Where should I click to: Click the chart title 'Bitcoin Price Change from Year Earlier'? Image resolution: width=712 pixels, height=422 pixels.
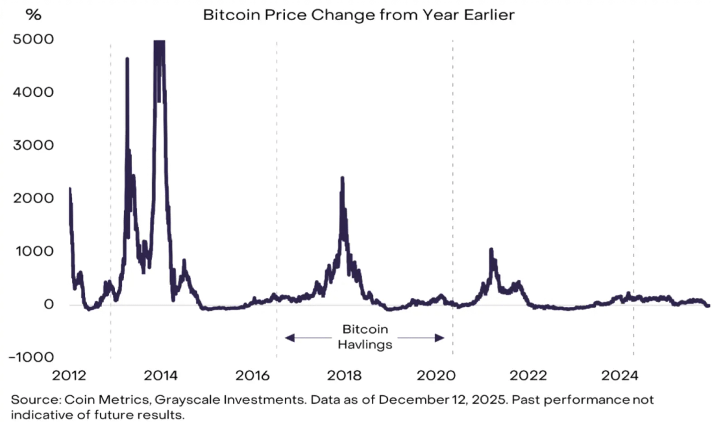[358, 14]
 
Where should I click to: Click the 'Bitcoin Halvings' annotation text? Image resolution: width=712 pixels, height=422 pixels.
[365, 337]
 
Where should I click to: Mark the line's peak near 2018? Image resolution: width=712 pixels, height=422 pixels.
[342, 178]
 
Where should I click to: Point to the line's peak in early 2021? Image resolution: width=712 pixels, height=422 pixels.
[491, 249]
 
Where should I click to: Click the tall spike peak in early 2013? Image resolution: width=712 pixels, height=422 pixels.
[127, 59]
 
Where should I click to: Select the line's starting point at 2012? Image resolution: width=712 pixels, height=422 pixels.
[69, 189]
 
